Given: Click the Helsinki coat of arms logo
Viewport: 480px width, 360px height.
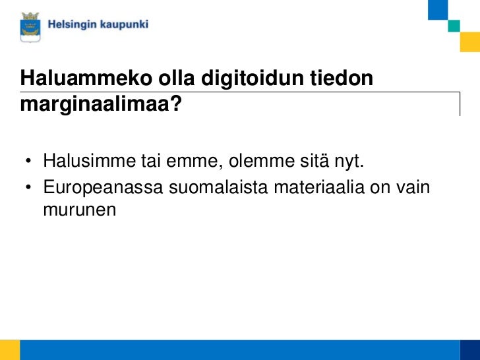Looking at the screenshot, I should point(30,26).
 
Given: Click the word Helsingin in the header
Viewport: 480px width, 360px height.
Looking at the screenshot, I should point(73,25).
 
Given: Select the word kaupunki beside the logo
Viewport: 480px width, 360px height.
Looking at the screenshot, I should point(125,26).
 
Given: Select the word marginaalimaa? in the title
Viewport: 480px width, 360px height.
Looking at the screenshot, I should point(101,104).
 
